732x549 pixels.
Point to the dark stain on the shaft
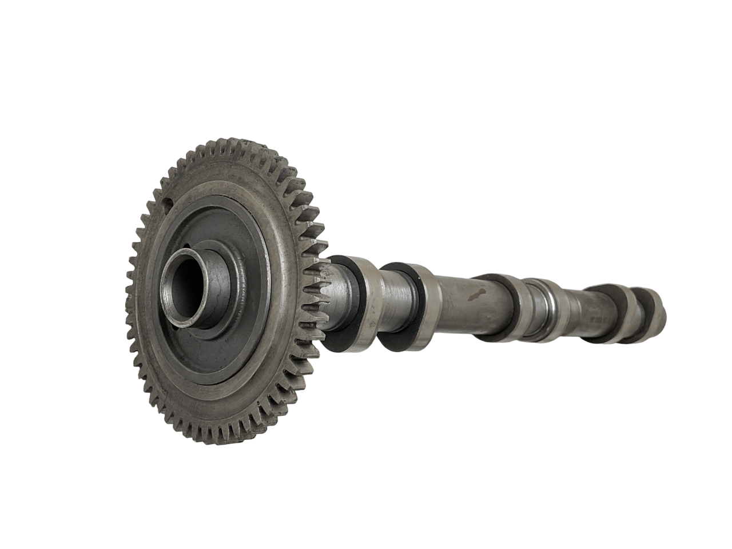click(475, 296)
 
